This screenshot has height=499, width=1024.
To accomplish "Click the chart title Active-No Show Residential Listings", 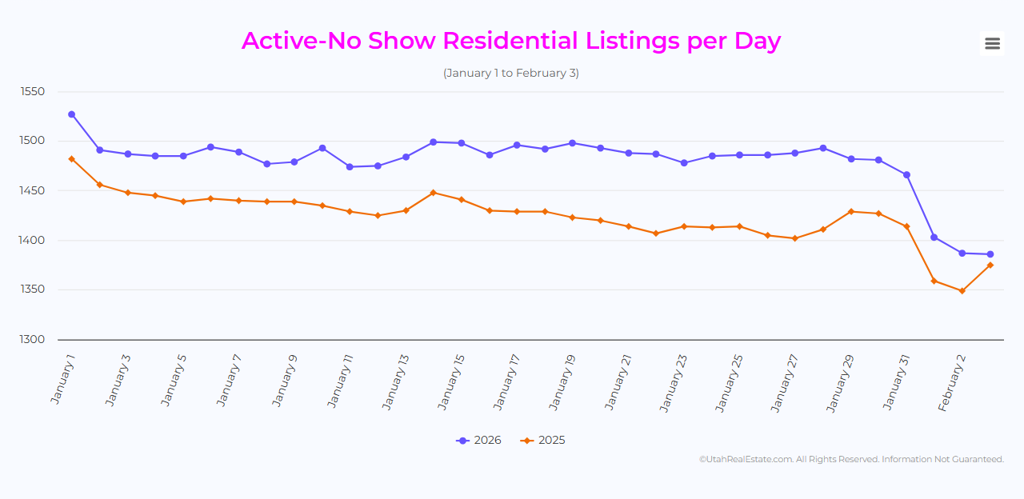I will click(510, 41).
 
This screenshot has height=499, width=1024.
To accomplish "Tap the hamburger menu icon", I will click(992, 43).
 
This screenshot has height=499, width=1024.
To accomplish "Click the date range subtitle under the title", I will click(510, 73).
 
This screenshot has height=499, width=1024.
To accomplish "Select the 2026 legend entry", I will click(478, 441).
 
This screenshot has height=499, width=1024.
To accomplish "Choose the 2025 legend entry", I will click(542, 441).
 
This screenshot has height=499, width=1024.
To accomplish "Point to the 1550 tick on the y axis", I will click(33, 92).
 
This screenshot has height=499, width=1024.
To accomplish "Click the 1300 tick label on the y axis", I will click(33, 340).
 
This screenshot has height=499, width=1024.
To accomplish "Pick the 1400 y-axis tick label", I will click(33, 241).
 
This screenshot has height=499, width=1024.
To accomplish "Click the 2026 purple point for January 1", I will click(72, 114).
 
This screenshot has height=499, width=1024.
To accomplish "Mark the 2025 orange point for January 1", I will click(72, 159).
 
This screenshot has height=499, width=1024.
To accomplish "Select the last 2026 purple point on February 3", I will click(990, 254).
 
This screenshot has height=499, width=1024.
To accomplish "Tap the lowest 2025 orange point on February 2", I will click(962, 291).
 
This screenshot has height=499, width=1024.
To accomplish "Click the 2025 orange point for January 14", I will click(433, 193).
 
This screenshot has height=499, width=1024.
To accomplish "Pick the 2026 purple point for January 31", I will click(906, 175).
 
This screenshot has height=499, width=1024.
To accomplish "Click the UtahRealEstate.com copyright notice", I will click(851, 460).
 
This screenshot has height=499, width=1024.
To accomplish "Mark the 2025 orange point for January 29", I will click(851, 212).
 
